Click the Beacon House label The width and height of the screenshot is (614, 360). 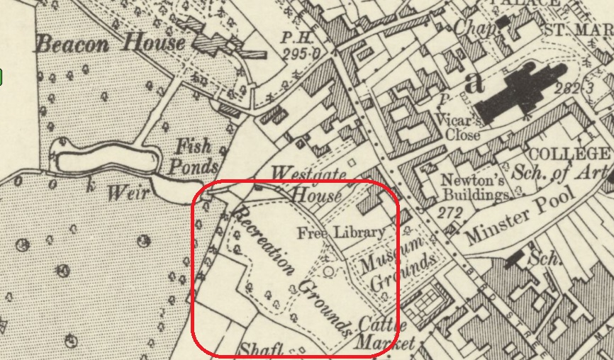[x=111, y=44]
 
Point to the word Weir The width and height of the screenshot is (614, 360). [x=125, y=191]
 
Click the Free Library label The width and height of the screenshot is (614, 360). [x=341, y=232]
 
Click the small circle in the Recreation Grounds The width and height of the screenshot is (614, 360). [x=328, y=269]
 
